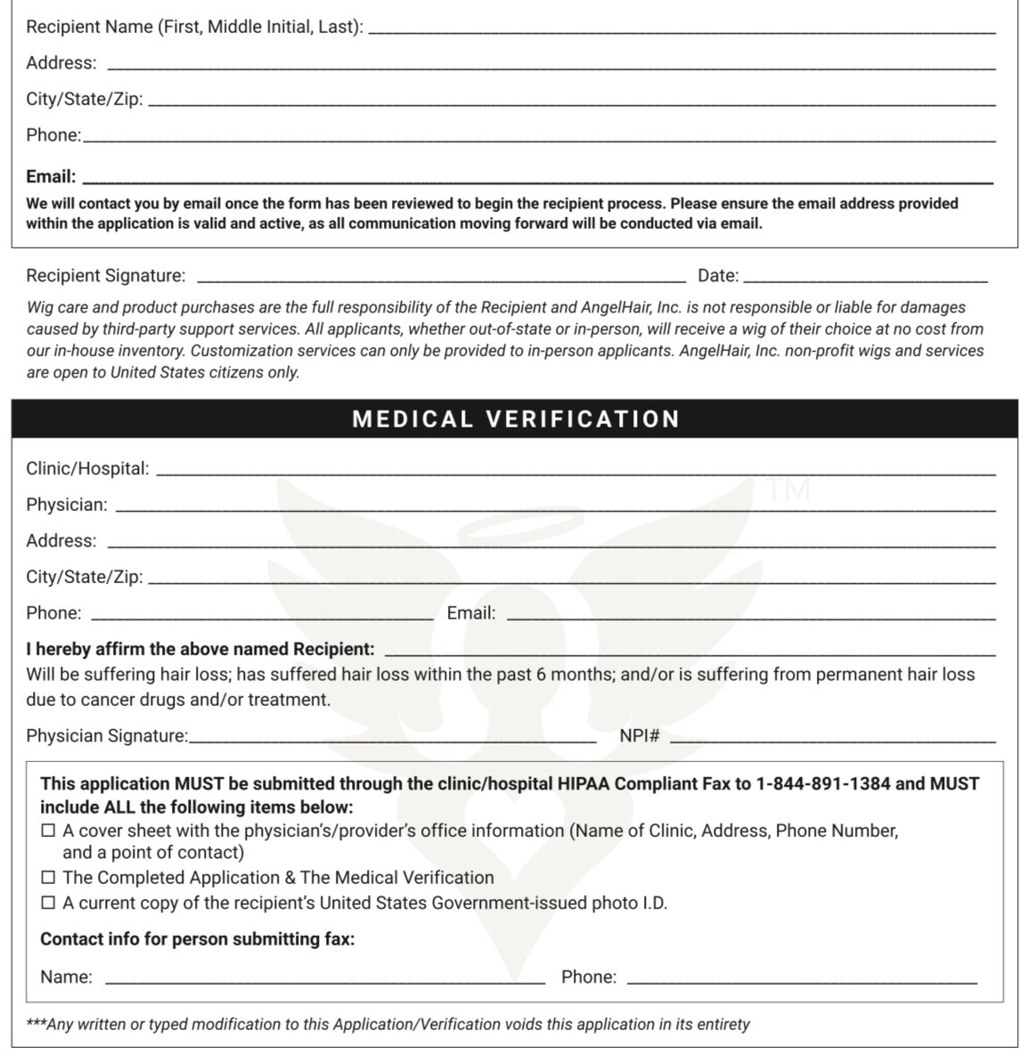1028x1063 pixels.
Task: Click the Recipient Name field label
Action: click(194, 27)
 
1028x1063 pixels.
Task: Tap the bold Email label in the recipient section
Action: click(51, 176)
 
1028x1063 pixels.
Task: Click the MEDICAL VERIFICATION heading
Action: click(516, 419)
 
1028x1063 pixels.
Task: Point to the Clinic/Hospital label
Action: click(87, 468)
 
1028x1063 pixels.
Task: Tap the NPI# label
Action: click(640, 736)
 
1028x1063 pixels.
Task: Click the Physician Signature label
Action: click(107, 736)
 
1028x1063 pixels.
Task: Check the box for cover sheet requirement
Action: click(48, 832)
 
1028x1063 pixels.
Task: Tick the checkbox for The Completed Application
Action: click(48, 878)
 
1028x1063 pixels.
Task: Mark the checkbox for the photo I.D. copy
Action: click(48, 904)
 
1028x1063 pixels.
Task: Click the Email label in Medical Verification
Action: click(471, 613)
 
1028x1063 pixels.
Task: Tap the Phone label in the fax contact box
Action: click(589, 978)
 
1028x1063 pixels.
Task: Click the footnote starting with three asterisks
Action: click(388, 1025)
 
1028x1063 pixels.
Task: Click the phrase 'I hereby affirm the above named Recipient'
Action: click(200, 649)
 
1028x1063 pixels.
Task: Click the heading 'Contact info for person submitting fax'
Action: click(198, 939)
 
